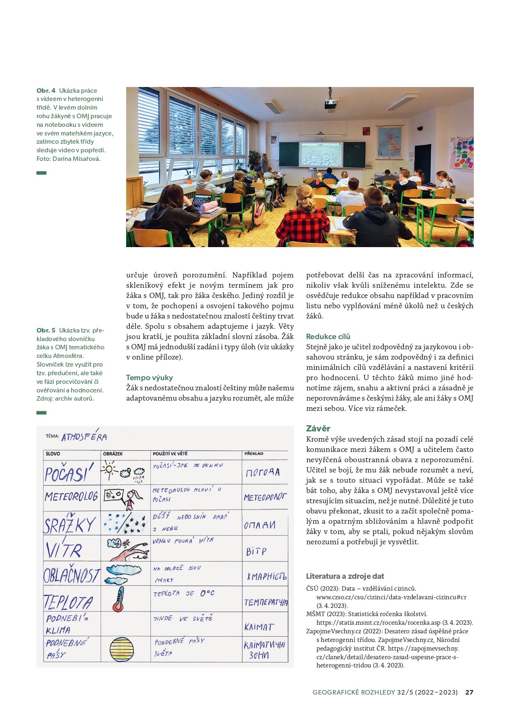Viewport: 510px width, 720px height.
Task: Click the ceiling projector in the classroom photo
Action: pyautogui.click(x=330, y=104)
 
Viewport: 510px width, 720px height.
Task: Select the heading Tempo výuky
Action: pyautogui.click(x=149, y=378)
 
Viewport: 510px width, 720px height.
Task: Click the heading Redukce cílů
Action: pyautogui.click(x=328, y=337)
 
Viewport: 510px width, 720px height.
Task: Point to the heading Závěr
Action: pyautogui.click(x=318, y=429)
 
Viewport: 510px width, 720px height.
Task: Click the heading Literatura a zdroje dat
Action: pyautogui.click(x=345, y=576)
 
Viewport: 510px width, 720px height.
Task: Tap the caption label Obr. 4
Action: pyautogui.click(x=46, y=91)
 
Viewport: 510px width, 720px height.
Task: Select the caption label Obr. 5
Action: pyautogui.click(x=46, y=330)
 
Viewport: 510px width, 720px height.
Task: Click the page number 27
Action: pyautogui.click(x=469, y=692)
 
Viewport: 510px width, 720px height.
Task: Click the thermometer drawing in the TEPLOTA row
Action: pyautogui.click(x=118, y=599)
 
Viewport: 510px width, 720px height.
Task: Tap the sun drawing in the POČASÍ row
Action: pyautogui.click(x=110, y=469)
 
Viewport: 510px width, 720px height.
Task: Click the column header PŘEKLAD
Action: pyautogui.click(x=254, y=454)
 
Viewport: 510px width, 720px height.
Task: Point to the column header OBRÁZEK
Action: pyautogui.click(x=113, y=454)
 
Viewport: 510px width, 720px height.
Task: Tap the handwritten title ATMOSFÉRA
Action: pyautogui.click(x=84, y=437)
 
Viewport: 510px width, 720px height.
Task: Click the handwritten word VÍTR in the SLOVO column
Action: pyautogui.click(x=64, y=550)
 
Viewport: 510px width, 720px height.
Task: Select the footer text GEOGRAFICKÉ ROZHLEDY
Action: pyautogui.click(x=353, y=692)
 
